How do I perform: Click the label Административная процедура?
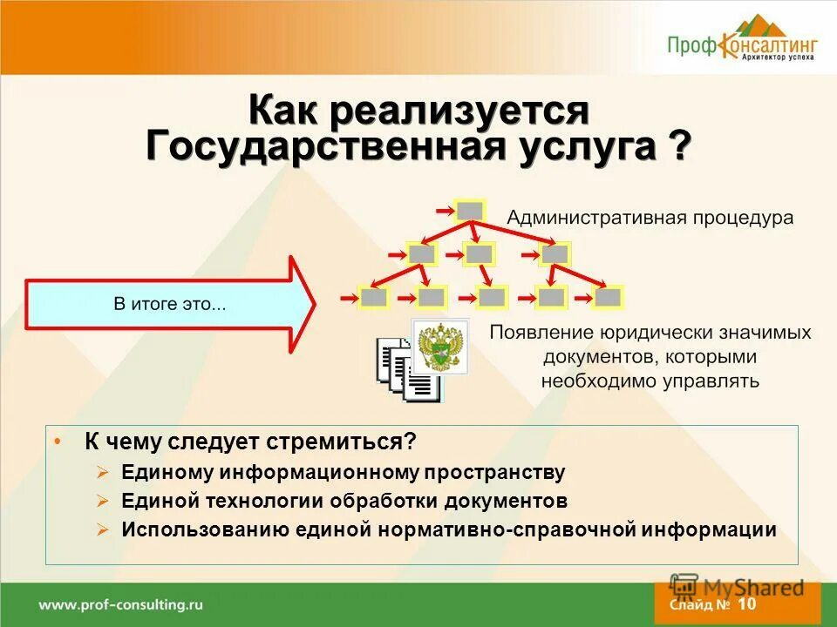pyautogui.click(x=650, y=218)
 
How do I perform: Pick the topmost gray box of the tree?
pyautogui.click(x=470, y=210)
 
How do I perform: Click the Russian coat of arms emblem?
pyautogui.click(x=440, y=346)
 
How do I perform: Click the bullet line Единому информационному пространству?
pyautogui.click(x=344, y=473)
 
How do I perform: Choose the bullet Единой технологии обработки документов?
pyautogui.click(x=344, y=502)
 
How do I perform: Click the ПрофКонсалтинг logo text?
pyautogui.click(x=743, y=44)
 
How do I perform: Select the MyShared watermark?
pyautogui.click(x=738, y=587)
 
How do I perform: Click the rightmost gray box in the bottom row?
pyautogui.click(x=609, y=298)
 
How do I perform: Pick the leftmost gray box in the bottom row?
pyautogui.click(x=374, y=298)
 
